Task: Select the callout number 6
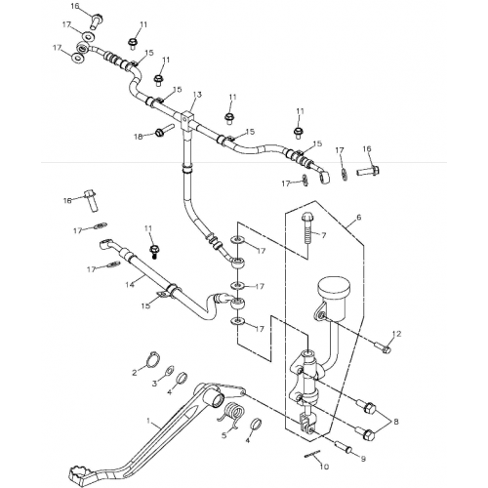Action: [x=358, y=219]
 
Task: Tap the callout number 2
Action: [x=136, y=371]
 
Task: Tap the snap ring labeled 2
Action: [x=152, y=362]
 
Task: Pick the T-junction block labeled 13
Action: [x=187, y=122]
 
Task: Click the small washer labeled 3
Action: [x=168, y=373]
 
